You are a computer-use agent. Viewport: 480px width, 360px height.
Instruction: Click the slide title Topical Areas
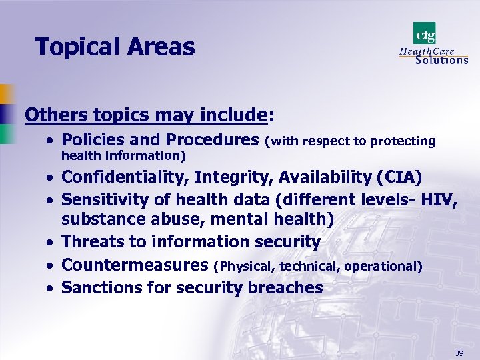click(115, 47)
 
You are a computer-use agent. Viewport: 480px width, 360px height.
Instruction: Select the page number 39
click(459, 352)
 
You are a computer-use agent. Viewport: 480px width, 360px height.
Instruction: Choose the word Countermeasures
click(135, 265)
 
